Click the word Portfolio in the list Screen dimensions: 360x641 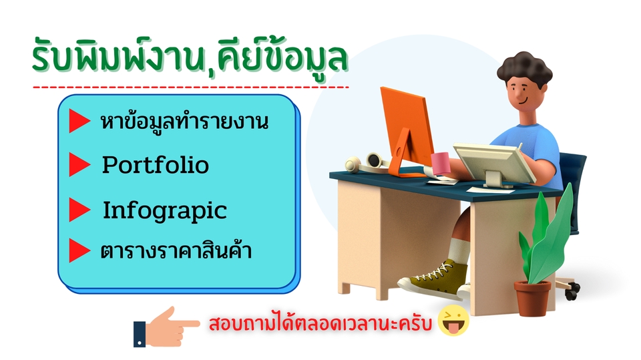pyautogui.click(x=155, y=165)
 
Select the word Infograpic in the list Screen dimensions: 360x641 pyautogui.click(x=164, y=210)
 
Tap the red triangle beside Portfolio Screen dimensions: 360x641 pyautogui.click(x=79, y=165)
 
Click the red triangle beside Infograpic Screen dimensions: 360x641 pyautogui.click(x=79, y=210)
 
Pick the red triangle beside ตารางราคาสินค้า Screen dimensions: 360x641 pyautogui.click(x=79, y=251)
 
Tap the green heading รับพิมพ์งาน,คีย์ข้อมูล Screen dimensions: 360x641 pyautogui.click(x=190, y=57)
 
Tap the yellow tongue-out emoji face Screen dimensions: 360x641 pyautogui.click(x=454, y=323)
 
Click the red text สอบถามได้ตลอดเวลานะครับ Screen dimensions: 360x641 pyautogui.click(x=320, y=325)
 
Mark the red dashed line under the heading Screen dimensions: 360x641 pyautogui.click(x=190, y=87)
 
